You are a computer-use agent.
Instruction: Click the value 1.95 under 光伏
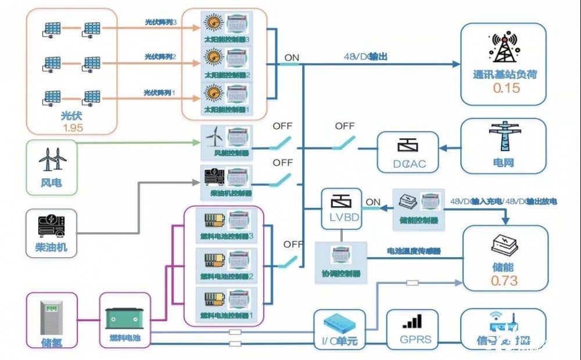(72, 128)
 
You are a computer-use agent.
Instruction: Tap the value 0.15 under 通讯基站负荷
(506, 88)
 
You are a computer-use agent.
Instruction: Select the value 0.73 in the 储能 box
(504, 280)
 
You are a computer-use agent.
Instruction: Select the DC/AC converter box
(408, 152)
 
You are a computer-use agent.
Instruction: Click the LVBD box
(341, 208)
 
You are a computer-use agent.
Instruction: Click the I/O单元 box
(340, 329)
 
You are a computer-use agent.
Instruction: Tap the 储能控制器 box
(419, 208)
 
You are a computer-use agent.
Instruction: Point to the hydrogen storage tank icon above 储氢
(52, 316)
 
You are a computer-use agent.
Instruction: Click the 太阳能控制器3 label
(227, 39)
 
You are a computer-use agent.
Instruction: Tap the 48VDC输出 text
(365, 57)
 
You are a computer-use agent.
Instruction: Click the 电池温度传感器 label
(414, 251)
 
